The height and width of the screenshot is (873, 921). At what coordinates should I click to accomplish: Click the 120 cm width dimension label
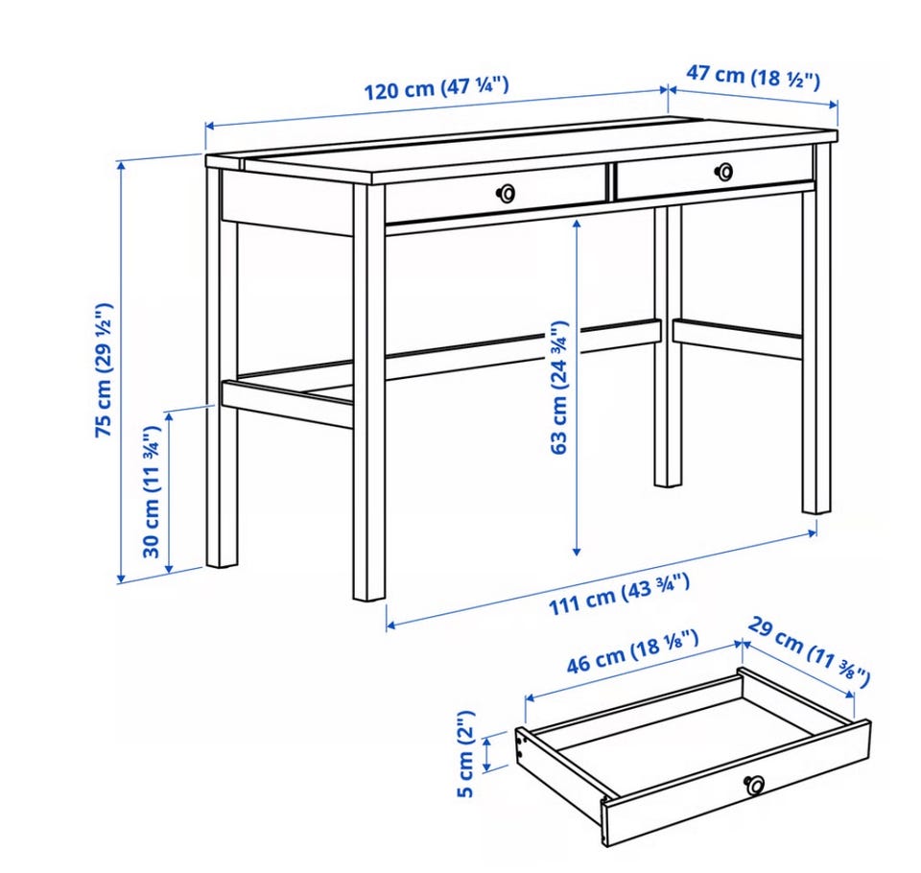tap(436, 88)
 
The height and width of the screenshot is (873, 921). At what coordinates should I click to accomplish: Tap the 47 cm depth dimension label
tap(752, 77)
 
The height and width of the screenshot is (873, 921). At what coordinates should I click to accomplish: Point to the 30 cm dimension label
tap(151, 491)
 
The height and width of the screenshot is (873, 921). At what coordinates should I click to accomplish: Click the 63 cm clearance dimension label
tap(559, 388)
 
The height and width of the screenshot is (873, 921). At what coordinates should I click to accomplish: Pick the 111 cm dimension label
tap(619, 595)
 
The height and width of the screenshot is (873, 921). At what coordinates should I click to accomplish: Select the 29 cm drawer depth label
tap(808, 651)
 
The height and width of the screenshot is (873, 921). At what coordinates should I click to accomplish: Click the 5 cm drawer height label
tap(464, 754)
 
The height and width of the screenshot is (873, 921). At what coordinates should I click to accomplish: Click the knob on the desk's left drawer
tap(506, 193)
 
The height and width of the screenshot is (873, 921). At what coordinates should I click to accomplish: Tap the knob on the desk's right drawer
tap(723, 172)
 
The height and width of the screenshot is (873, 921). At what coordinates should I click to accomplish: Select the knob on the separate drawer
tap(754, 785)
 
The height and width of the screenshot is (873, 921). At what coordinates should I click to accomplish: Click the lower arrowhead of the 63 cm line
tap(577, 551)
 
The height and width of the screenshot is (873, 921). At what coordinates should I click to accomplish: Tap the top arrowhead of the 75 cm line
tap(122, 166)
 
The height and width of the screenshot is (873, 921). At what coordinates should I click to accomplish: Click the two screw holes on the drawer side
tap(520, 747)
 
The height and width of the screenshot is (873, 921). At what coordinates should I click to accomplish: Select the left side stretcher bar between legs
tap(287, 402)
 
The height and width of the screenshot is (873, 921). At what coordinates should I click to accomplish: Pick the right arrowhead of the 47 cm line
tap(833, 105)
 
